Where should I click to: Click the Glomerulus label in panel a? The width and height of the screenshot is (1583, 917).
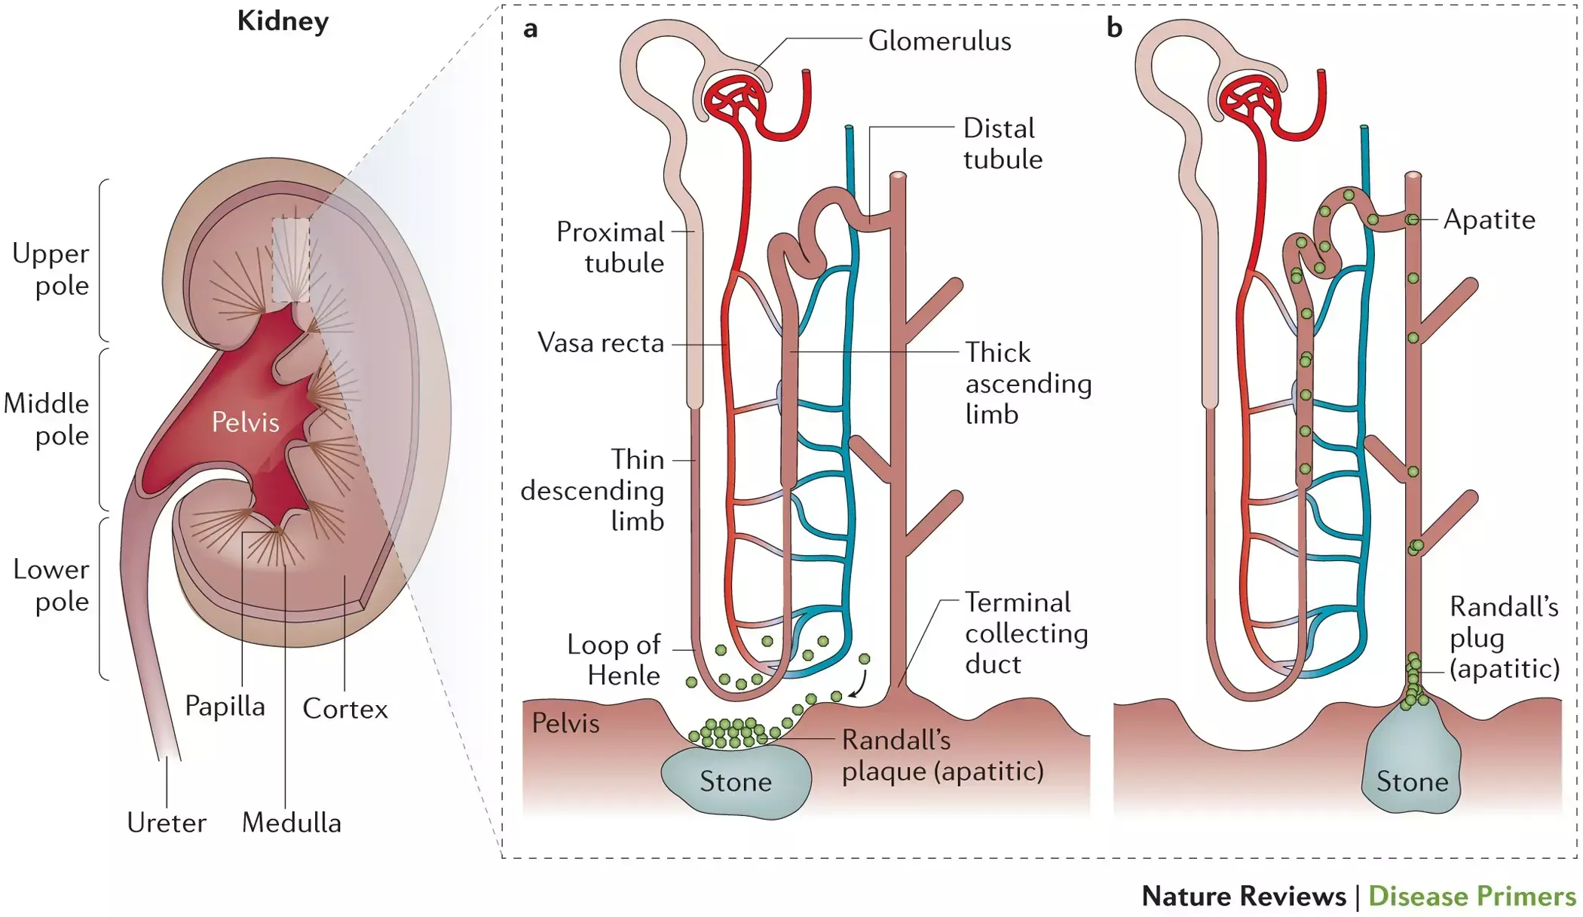point(939,41)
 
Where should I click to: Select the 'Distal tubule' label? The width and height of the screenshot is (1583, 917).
point(1003,144)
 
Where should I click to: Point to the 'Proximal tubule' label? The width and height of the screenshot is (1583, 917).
point(610,247)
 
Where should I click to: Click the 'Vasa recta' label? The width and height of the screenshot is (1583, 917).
point(601,343)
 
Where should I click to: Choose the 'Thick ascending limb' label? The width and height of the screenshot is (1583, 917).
point(1028,383)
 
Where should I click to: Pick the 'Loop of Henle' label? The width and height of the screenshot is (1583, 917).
point(614,660)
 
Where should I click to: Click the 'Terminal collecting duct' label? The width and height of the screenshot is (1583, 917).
point(1026,633)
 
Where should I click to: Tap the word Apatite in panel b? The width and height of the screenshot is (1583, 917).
point(1489,219)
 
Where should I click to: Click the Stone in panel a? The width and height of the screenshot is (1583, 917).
point(736,781)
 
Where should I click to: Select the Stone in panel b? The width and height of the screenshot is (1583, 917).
point(1412,781)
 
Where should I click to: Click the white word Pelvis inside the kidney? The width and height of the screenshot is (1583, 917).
point(245,422)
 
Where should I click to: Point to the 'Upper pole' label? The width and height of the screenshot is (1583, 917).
point(51,269)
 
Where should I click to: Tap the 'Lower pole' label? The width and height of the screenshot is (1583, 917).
point(51,585)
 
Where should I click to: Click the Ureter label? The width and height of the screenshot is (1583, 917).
point(167,823)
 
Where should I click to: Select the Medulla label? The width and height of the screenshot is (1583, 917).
point(291,823)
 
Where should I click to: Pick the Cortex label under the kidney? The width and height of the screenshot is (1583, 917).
point(344,709)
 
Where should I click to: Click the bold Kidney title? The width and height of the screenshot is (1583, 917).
point(283,21)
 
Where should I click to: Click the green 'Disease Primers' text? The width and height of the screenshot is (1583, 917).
point(1471,896)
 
